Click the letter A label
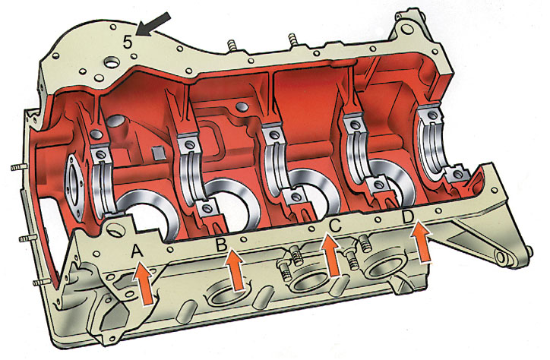(137, 251)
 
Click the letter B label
(221, 245)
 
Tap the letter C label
(334, 226)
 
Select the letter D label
(408, 217)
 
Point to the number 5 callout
(128, 42)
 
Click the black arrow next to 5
(153, 24)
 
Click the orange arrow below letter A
(144, 283)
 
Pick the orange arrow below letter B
(235, 270)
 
